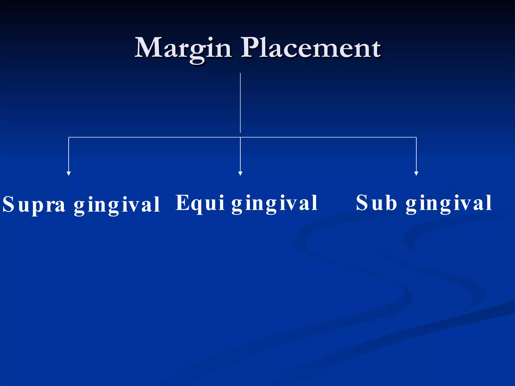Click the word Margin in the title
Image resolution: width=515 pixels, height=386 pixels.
click(x=183, y=48)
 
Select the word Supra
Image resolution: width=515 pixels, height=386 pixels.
click(x=34, y=204)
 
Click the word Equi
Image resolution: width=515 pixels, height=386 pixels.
click(x=200, y=203)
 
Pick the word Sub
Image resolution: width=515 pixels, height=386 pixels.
click(x=376, y=203)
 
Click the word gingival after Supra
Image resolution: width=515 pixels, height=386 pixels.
click(x=117, y=205)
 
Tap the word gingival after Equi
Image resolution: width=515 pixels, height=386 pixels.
click(x=275, y=204)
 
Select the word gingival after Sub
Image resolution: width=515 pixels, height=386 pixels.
click(x=449, y=204)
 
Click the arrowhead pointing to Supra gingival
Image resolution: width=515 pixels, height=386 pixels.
click(x=69, y=174)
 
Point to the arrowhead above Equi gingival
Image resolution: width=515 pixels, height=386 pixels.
click(x=240, y=174)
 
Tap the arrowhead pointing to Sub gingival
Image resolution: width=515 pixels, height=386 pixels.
click(x=416, y=174)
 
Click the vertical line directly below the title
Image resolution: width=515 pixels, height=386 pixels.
click(x=240, y=103)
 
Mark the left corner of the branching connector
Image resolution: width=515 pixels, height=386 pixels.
click(x=69, y=137)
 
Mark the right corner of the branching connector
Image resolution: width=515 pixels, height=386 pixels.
click(x=416, y=137)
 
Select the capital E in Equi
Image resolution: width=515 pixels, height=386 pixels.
click(x=182, y=202)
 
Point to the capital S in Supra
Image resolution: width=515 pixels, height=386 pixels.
click(x=8, y=204)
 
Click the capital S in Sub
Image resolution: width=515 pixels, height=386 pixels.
click(x=362, y=203)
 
